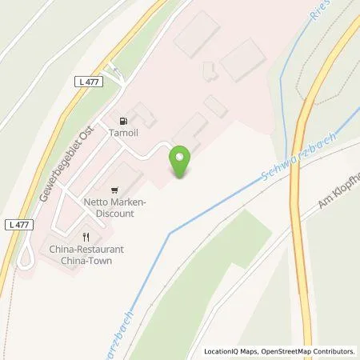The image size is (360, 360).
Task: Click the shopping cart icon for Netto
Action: pyautogui.click(x=115, y=190)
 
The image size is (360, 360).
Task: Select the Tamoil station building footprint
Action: pyautogui.click(x=143, y=113)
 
